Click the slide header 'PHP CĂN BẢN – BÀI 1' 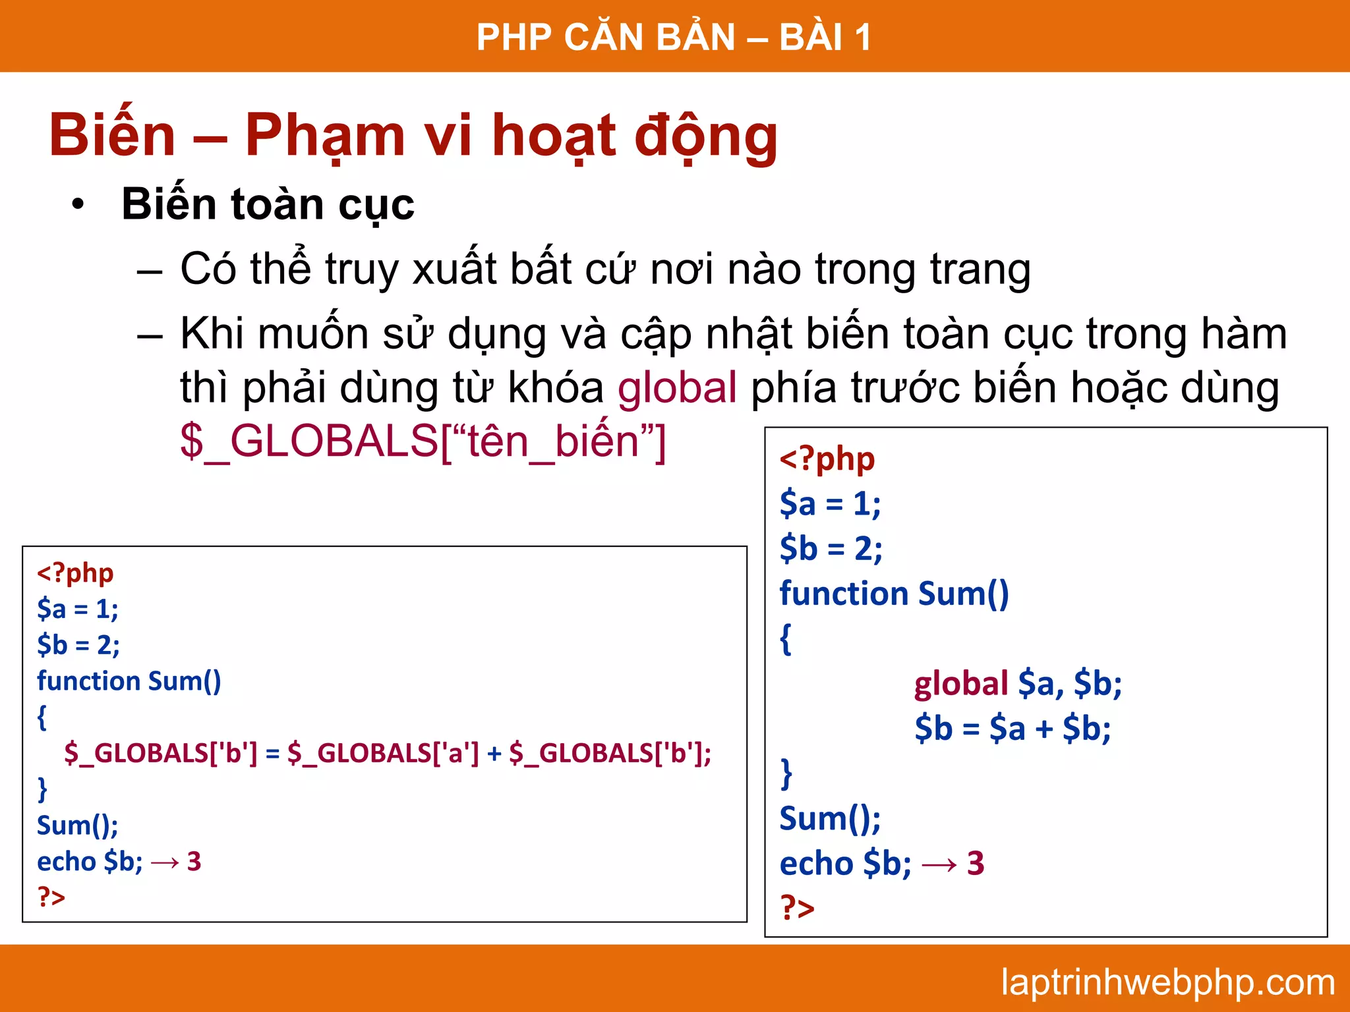[674, 37]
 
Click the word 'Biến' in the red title [113, 136]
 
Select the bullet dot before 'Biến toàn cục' [78, 205]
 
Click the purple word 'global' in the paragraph [677, 387]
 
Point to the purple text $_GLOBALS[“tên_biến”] [423, 441]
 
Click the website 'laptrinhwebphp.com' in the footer [1167, 982]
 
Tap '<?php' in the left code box [75, 573]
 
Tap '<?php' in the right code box [827, 459]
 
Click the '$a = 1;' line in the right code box [830, 504]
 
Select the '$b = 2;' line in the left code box [78, 644]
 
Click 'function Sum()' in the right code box [894, 594]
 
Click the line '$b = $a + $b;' [1012, 729]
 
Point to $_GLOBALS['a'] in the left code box [383, 752]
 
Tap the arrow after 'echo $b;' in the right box [939, 864]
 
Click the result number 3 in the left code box [194, 862]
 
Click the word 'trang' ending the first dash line [980, 270]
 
